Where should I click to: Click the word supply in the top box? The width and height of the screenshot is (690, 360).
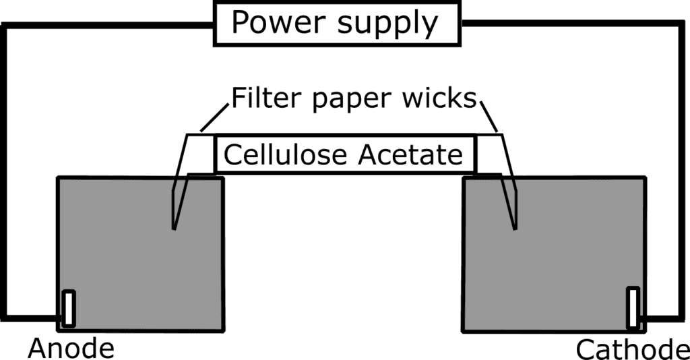coord(387,25)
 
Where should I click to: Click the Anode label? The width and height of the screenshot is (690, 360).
coord(71,349)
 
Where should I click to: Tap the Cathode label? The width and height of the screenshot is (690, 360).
coord(633,349)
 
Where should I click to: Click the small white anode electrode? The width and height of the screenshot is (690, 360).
coord(69,309)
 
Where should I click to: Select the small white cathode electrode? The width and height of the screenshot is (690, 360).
coord(633,307)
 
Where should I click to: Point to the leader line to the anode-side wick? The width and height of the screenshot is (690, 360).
coord(214,117)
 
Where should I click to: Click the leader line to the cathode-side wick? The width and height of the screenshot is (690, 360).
coord(489,117)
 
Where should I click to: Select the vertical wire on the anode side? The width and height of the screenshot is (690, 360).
coord(3,172)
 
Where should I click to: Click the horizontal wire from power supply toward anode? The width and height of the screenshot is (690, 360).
coord(108,26)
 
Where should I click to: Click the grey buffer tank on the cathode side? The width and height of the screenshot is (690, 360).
coord(555,254)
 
